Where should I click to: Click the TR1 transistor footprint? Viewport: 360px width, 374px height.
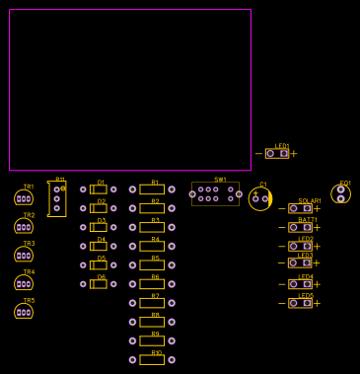(24, 198)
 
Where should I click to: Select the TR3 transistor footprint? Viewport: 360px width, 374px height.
(24, 255)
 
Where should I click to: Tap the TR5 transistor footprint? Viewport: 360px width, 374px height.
(24, 312)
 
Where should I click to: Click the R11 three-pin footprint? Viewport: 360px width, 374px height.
(57, 198)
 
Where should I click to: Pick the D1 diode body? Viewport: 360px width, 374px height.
(99, 189)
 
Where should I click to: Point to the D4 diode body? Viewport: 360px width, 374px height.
(99, 246)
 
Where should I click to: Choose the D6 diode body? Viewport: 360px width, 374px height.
(99, 284)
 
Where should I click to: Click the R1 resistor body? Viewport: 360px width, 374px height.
(152, 189)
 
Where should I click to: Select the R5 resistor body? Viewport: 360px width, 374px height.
(152, 265)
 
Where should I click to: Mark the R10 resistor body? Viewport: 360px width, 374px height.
(152, 359)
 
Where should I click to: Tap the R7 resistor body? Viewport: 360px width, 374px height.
(152, 303)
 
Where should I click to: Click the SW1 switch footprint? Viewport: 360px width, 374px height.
(215, 193)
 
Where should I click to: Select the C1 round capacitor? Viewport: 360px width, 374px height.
(260, 198)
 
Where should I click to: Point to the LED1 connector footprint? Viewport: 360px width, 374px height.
(277, 153)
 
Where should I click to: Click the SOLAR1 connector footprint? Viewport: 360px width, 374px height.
(301, 208)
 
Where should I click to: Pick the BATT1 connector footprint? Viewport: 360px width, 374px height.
(301, 227)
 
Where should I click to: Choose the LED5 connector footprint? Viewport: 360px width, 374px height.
(301, 303)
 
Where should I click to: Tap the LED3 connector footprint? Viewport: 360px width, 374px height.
(301, 263)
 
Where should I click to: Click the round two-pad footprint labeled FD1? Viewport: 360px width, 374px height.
(341, 193)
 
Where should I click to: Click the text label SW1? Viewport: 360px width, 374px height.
(220, 180)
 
